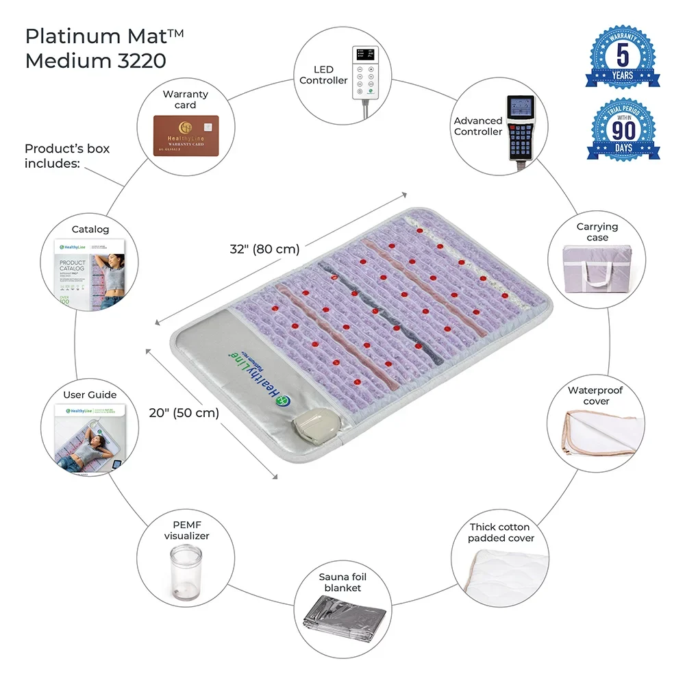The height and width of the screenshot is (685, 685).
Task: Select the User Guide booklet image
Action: point(89,438)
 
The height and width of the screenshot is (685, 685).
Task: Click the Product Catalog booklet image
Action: point(89,273)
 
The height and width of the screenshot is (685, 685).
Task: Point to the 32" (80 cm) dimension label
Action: point(264,249)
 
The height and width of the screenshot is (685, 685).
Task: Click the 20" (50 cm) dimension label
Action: point(184,413)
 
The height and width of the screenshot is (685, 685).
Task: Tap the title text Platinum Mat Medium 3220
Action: point(95,49)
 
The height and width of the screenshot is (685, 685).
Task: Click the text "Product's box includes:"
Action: point(67,155)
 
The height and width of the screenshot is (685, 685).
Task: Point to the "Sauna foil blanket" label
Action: point(342,582)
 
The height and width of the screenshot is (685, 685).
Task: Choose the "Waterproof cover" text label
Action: point(595,396)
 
